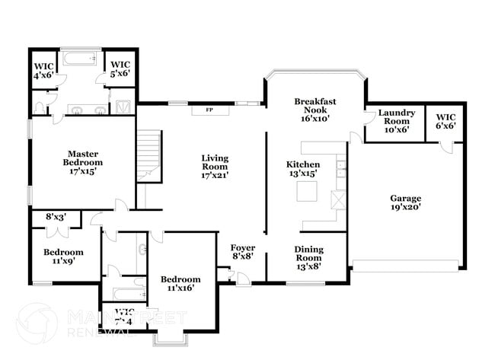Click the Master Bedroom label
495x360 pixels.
[x=82, y=162]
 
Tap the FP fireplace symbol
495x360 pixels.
[x=208, y=110]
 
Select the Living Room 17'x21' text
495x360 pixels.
[x=215, y=167]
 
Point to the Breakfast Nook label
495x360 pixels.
[x=315, y=110]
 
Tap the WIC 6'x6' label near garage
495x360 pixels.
[x=445, y=121]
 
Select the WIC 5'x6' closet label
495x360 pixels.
[x=120, y=69]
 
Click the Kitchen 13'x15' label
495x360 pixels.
[x=302, y=169]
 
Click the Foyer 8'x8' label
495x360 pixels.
[x=243, y=253]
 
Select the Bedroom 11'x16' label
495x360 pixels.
[x=180, y=284]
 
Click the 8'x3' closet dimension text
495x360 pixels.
[x=56, y=217]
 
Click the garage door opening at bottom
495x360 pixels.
[x=406, y=266]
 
